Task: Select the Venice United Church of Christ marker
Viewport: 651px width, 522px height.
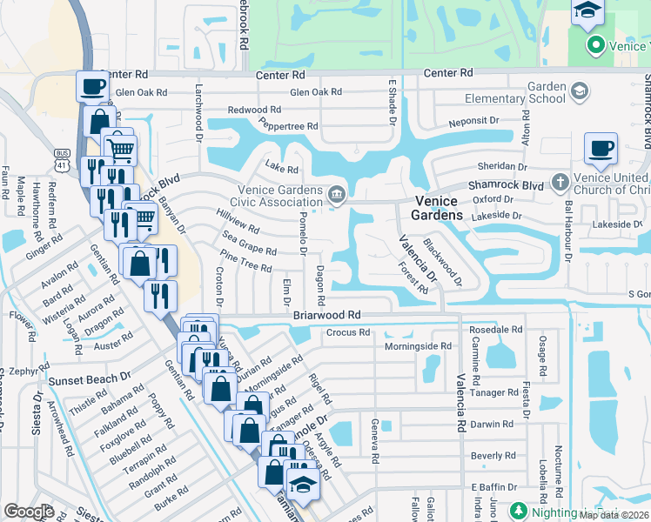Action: tap(560, 183)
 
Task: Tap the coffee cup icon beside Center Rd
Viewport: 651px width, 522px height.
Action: tap(92, 85)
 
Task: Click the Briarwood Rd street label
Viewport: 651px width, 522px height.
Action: tap(326, 314)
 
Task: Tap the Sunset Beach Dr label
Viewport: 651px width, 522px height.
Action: tap(90, 380)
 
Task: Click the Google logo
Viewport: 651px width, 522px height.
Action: tap(29, 511)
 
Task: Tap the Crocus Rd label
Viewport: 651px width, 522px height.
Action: tap(348, 331)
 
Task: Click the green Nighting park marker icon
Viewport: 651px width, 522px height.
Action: tap(519, 510)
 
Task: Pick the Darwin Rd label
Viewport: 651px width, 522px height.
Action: tap(492, 425)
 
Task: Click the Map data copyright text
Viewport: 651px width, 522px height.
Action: tap(613, 515)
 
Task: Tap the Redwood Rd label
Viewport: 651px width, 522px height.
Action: tap(254, 110)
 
